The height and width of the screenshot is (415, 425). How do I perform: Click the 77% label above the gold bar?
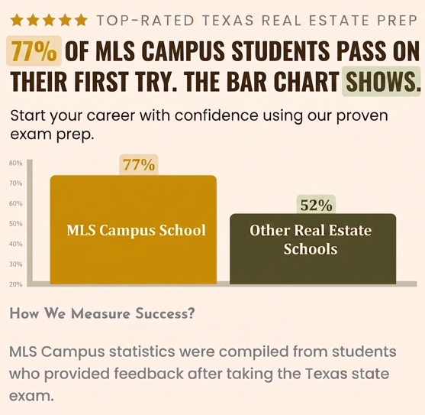click(139, 165)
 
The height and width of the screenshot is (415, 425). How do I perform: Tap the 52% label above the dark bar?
click(316, 205)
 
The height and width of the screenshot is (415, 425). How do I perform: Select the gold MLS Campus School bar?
click(134, 229)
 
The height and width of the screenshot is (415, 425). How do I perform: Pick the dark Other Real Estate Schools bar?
click(313, 249)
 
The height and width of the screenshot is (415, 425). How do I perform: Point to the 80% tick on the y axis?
click(16, 163)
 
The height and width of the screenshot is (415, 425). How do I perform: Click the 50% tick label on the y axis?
click(16, 224)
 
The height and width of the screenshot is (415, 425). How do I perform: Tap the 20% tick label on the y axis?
click(16, 284)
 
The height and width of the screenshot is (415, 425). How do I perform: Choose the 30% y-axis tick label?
click(16, 264)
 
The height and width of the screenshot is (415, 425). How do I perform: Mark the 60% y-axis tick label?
click(16, 203)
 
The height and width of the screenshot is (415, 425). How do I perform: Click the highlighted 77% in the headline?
click(34, 50)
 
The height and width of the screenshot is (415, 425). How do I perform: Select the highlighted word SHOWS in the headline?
click(381, 82)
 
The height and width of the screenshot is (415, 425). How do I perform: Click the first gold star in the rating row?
click(17, 21)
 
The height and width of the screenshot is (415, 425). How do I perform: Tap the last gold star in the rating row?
click(82, 21)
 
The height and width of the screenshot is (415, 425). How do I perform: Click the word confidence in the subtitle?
click(216, 115)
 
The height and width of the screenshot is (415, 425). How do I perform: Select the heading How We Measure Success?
click(102, 313)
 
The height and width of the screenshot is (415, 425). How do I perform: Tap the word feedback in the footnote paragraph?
click(149, 373)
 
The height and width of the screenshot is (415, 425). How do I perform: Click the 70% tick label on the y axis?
click(16, 183)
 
